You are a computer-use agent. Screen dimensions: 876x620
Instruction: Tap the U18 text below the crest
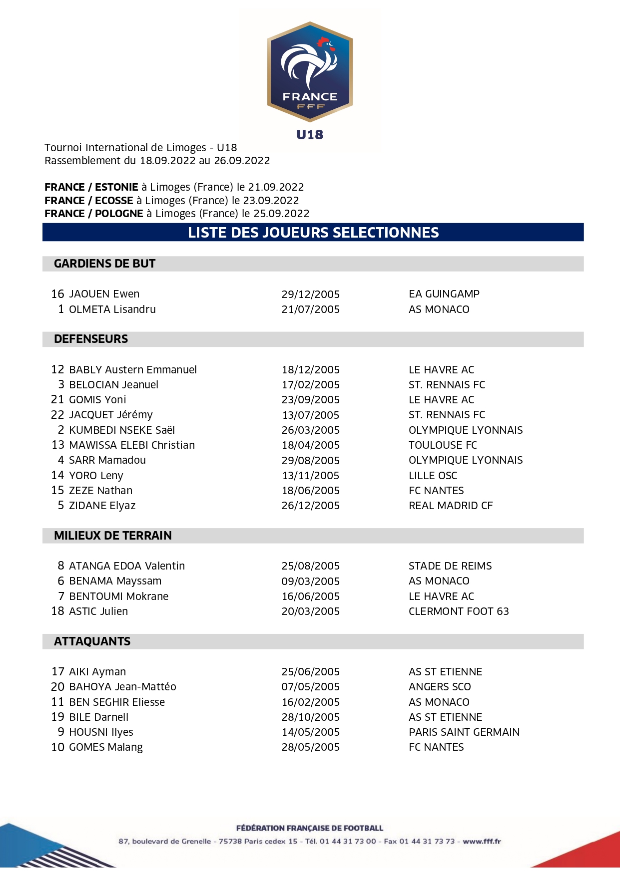[x=310, y=135]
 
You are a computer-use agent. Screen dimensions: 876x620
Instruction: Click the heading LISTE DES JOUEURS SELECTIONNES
[x=313, y=233]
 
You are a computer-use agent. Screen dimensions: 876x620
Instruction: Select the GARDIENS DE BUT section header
[x=105, y=264]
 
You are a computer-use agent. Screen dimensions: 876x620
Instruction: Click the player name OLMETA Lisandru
[x=112, y=309]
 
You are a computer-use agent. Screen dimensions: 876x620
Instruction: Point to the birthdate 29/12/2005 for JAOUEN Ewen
[x=310, y=294]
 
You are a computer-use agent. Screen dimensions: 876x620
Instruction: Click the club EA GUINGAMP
[x=444, y=294]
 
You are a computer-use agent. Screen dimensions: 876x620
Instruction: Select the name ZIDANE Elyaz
[x=102, y=506]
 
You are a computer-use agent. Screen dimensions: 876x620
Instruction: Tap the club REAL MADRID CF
[x=451, y=506]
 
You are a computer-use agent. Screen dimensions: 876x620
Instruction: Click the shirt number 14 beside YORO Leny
[x=58, y=475]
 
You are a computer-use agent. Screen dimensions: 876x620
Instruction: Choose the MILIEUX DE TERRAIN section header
[x=113, y=536]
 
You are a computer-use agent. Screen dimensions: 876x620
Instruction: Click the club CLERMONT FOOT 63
[x=459, y=611]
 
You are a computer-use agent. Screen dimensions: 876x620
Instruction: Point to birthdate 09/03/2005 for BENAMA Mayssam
[x=310, y=582]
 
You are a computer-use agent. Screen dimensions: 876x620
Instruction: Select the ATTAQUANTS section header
[x=92, y=641]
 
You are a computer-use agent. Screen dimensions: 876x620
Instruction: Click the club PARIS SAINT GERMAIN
[x=464, y=732]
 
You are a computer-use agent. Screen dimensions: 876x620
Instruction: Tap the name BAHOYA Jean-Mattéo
[x=122, y=687]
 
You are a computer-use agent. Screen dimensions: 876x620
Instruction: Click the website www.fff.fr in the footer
[x=482, y=841]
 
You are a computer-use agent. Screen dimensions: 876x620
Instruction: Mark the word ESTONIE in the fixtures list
[x=116, y=187]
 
